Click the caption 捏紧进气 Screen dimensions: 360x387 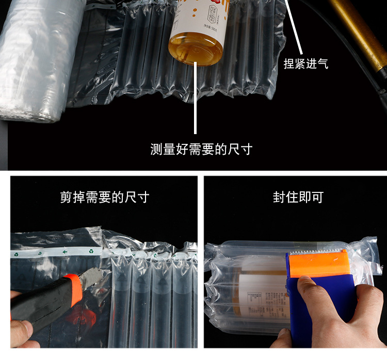coord(306,63)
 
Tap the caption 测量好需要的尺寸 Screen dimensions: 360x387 coord(201,150)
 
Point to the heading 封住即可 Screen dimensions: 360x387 coord(298,198)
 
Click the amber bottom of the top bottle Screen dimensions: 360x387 coord(196,48)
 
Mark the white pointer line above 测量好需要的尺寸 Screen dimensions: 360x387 coord(196,103)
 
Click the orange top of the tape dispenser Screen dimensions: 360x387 coord(318,264)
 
